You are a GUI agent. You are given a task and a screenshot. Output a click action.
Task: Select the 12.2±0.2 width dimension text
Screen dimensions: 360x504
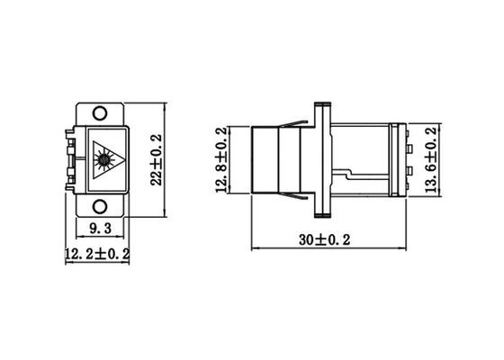pyautogui.click(x=97, y=255)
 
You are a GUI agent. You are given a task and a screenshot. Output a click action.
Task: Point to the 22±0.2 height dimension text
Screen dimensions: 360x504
pyautogui.click(x=156, y=160)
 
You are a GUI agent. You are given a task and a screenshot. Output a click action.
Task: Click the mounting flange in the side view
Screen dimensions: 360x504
pyautogui.click(x=319, y=160)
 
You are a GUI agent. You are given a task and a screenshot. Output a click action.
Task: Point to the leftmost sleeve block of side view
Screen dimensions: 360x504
pyautogui.click(x=264, y=160)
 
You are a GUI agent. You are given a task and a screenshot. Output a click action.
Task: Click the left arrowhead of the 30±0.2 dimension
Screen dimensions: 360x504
pyautogui.click(x=253, y=247)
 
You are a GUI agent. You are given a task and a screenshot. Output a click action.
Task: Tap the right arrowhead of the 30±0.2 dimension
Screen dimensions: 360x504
pyautogui.click(x=399, y=247)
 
